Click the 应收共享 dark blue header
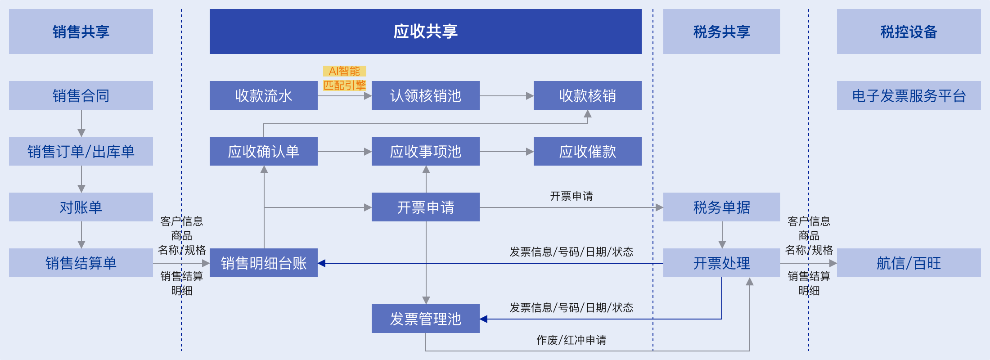[x=425, y=31]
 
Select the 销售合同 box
[x=81, y=95]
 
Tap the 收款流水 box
[x=264, y=95]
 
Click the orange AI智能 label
[x=345, y=71]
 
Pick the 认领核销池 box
[x=426, y=95]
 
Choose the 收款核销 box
[x=588, y=95]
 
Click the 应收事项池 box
[x=426, y=151]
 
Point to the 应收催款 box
[x=588, y=151]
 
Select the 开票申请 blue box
[x=426, y=207]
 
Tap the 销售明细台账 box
[x=264, y=263]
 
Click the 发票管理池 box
[x=426, y=319]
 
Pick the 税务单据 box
[x=722, y=207]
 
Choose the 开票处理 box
[x=722, y=263]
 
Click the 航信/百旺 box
[x=909, y=263]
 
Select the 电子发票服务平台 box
[x=909, y=95]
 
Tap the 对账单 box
[x=81, y=207]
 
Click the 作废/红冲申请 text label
[x=571, y=340]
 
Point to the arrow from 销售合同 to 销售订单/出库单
[x=81, y=123]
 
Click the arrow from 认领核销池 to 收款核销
[x=507, y=96]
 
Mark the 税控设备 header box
[x=909, y=31]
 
